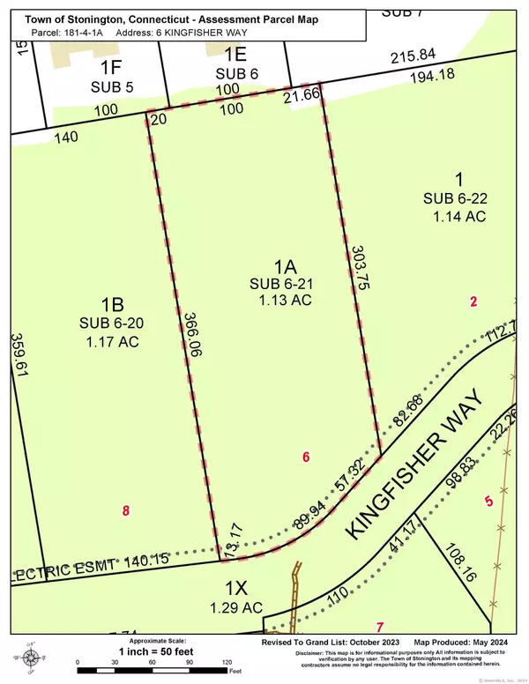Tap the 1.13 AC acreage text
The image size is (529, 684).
tap(281, 301)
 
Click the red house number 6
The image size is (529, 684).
tap(306, 457)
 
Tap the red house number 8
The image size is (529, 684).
tap(126, 509)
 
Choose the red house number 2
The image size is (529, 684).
tap(473, 301)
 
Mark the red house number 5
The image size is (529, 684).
tap(488, 502)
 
